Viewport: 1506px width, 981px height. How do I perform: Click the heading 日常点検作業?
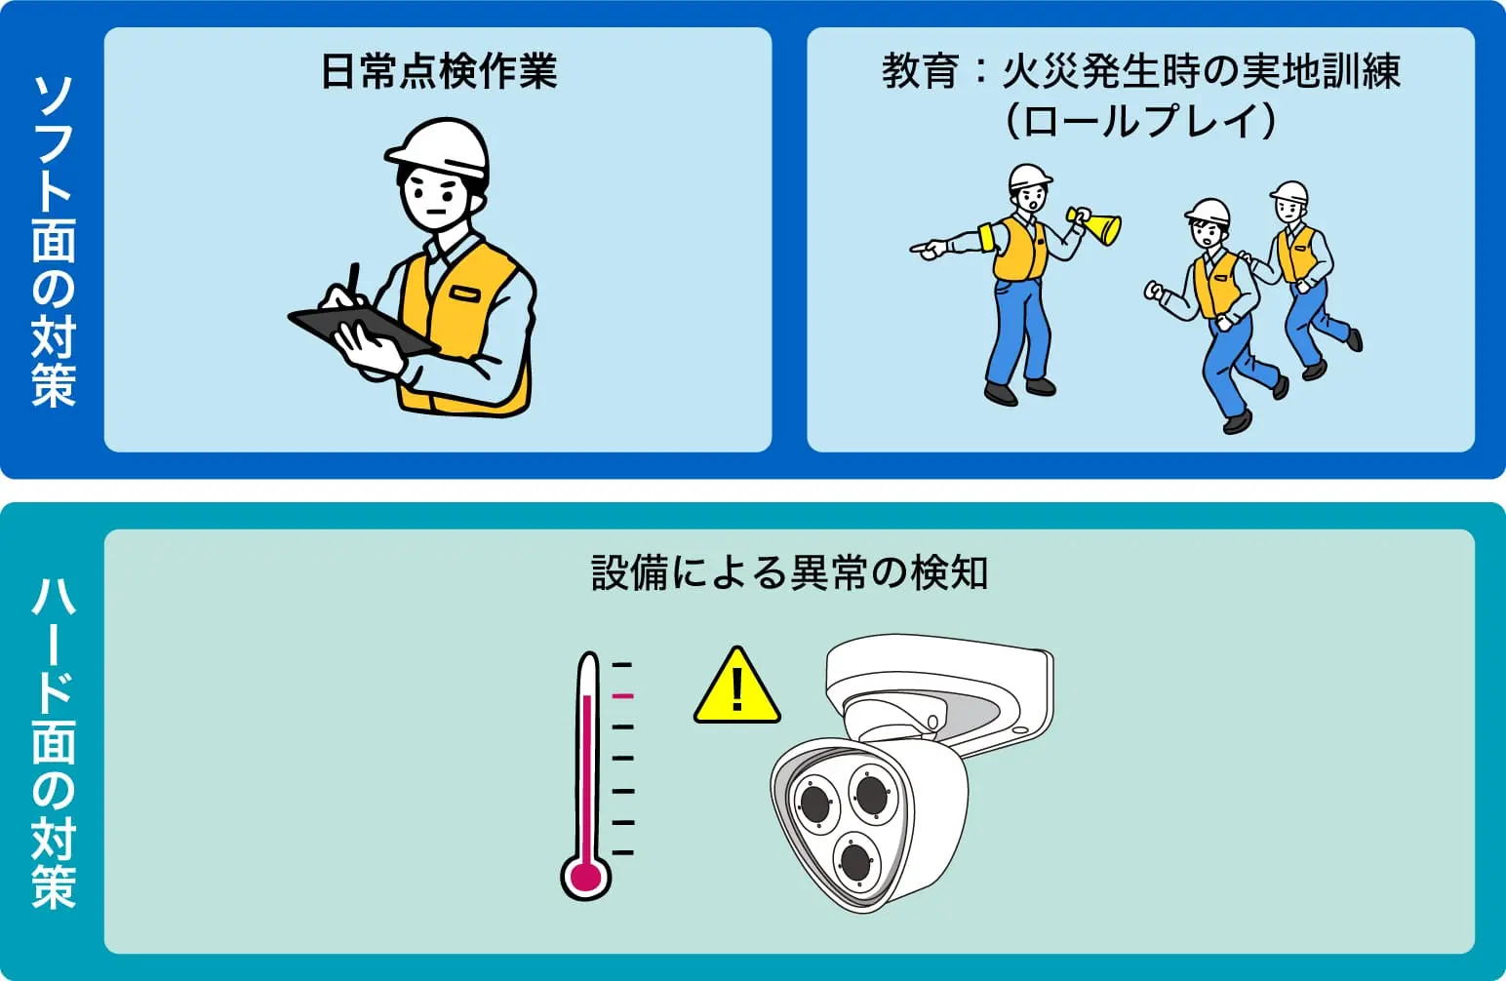(x=438, y=70)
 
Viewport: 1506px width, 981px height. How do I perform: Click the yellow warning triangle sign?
(x=736, y=687)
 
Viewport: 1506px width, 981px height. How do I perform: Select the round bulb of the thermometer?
(x=585, y=876)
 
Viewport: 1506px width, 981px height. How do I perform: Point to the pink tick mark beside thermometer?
(x=622, y=696)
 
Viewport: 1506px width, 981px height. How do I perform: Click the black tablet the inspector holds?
(x=363, y=331)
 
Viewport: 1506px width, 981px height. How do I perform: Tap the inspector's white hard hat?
(x=438, y=149)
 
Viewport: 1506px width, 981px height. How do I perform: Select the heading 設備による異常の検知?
(x=789, y=572)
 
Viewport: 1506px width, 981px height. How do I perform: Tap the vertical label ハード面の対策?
(x=54, y=742)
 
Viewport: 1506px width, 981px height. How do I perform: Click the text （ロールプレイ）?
(x=1141, y=120)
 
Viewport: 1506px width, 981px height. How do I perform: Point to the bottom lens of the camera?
(x=855, y=862)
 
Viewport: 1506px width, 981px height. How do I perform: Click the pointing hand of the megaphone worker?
(x=928, y=250)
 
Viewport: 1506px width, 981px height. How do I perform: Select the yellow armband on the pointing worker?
(x=988, y=237)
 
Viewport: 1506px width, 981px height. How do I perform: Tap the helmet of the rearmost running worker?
(x=1289, y=192)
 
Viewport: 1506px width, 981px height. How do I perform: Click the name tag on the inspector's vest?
(x=465, y=294)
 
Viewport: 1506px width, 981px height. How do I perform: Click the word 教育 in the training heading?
(x=920, y=70)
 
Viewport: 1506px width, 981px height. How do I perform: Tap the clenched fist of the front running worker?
(x=1154, y=291)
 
